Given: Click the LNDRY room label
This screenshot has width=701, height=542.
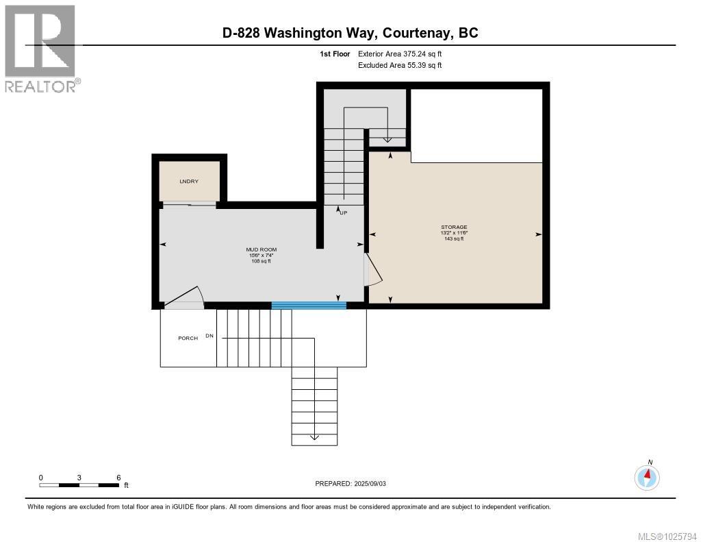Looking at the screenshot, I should click(189, 181).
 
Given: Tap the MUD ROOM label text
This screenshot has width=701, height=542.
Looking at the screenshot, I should click(262, 249).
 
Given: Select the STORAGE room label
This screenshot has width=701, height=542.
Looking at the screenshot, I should click(454, 227).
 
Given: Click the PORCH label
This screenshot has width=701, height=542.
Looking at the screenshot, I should click(188, 338).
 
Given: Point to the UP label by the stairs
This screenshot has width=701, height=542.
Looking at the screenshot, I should click(342, 212).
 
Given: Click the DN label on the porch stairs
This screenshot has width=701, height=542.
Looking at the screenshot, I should click(209, 336).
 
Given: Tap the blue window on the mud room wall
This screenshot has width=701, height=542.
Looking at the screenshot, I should click(309, 306).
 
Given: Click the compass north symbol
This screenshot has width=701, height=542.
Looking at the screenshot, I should click(647, 476).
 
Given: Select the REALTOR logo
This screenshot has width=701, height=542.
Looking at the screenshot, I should click(41, 48).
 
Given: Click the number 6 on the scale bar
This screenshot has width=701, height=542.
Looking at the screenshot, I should click(118, 478).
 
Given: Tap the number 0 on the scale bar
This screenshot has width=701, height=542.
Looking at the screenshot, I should click(40, 478).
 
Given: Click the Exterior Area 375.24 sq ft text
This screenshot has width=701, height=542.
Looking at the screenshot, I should click(405, 53).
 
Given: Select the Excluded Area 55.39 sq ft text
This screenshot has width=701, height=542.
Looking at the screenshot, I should click(400, 65).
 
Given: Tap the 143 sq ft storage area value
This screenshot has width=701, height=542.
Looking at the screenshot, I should click(454, 238).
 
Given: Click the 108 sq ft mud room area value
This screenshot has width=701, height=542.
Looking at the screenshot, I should click(262, 261).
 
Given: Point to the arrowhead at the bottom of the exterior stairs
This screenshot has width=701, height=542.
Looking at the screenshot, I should click(314, 436).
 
